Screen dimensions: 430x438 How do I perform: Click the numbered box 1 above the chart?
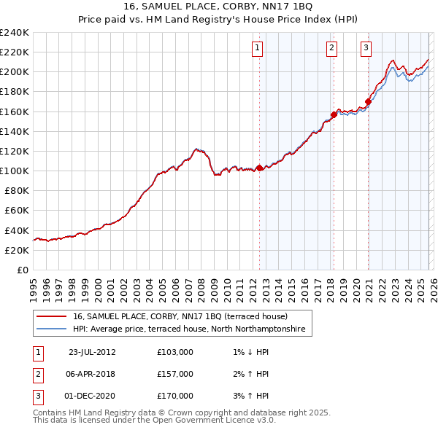[x=258, y=49]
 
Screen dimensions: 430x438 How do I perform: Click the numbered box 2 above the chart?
[x=331, y=49]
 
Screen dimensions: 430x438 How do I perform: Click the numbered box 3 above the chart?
[x=366, y=49]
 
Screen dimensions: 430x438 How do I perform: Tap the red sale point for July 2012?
[x=259, y=168]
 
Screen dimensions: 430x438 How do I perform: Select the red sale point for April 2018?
[x=334, y=114]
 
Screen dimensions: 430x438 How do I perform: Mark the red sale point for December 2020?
[x=368, y=102]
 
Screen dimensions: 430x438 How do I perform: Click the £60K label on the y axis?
[x=17, y=210]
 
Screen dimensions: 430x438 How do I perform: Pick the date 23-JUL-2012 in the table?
[x=92, y=352]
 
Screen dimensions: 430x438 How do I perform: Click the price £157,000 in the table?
[x=175, y=374]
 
